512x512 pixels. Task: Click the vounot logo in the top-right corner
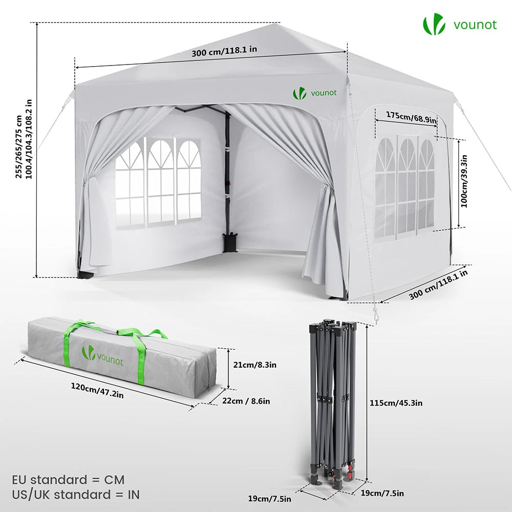click(x=460, y=25)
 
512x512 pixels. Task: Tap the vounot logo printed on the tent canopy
click(x=314, y=93)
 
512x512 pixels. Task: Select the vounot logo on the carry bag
click(x=102, y=355)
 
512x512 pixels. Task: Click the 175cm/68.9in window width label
click(x=411, y=117)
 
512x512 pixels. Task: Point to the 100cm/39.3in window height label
click(x=464, y=181)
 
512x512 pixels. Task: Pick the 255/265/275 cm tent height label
click(x=18, y=147)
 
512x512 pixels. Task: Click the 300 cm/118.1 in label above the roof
click(x=224, y=51)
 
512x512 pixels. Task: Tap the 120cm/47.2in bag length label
click(x=97, y=391)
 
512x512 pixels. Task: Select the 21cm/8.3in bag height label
click(x=254, y=365)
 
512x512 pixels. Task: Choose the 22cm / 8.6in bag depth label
click(x=246, y=401)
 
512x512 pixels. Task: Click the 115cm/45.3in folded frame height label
click(x=396, y=403)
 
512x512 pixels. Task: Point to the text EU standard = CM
click(x=68, y=480)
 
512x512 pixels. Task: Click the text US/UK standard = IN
click(x=76, y=495)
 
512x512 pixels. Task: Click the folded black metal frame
click(x=332, y=405)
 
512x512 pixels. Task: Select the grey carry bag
click(x=121, y=357)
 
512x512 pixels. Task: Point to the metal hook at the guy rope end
click(x=376, y=316)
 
